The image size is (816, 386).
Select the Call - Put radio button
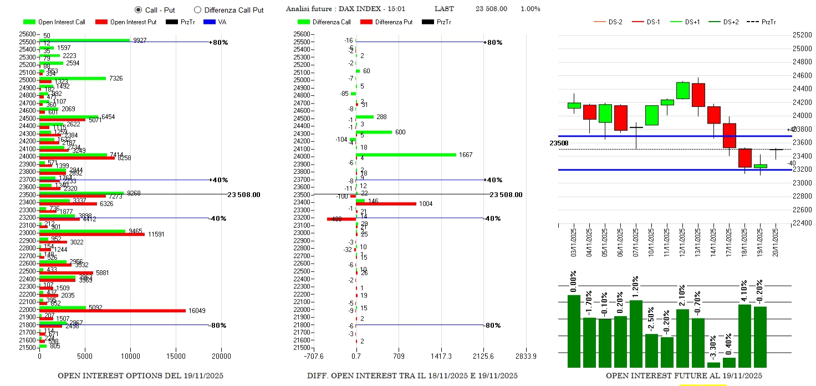pyautogui.click(x=138, y=10)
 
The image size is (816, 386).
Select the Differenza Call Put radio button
pyautogui.click(x=197, y=10)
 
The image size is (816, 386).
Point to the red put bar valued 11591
pyautogui.click(x=92, y=234)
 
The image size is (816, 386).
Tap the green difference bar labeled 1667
pyautogui.click(x=406, y=155)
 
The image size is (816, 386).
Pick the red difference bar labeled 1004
pyautogui.click(x=386, y=204)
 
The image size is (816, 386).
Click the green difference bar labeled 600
pyautogui.click(x=374, y=132)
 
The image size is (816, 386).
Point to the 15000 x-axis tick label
pyautogui.click(x=176, y=356)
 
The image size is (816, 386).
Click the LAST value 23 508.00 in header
pyautogui.click(x=491, y=9)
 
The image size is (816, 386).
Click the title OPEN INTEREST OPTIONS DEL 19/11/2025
pyautogui.click(x=140, y=375)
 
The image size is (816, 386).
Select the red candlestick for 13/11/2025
pyautogui.click(x=698, y=95)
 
